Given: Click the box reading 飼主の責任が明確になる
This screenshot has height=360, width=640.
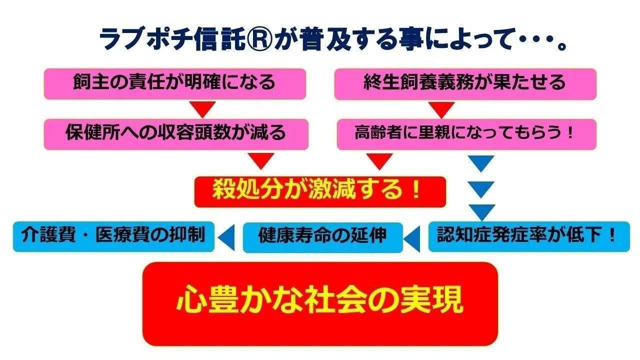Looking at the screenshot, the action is click(x=175, y=84).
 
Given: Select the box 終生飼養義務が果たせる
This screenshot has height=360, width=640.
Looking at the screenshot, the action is click(x=465, y=84).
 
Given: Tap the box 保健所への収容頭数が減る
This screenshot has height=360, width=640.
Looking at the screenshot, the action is click(x=176, y=134).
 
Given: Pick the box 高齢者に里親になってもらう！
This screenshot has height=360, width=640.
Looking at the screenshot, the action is click(x=467, y=134).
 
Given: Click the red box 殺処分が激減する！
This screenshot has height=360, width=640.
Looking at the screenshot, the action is click(x=320, y=192).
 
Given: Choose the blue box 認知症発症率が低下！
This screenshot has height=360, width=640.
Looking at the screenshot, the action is click(x=529, y=236).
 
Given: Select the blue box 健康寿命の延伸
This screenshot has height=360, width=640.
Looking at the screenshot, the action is click(x=323, y=237).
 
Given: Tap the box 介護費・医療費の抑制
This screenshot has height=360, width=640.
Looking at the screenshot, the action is click(x=113, y=236).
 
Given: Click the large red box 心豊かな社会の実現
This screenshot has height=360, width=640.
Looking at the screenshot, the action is click(x=320, y=303).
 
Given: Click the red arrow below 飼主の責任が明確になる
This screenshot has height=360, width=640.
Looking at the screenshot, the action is click(x=202, y=108).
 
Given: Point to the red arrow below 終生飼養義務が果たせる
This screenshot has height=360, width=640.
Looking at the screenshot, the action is click(x=441, y=109).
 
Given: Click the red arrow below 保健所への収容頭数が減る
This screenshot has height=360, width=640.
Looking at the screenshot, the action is click(x=261, y=160).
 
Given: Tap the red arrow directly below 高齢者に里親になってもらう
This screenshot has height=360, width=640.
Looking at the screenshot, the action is click(x=379, y=161).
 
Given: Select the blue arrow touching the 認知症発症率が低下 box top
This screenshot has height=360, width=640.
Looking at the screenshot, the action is click(x=482, y=211).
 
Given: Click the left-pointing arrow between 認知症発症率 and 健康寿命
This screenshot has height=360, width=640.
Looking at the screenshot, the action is click(x=413, y=239).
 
